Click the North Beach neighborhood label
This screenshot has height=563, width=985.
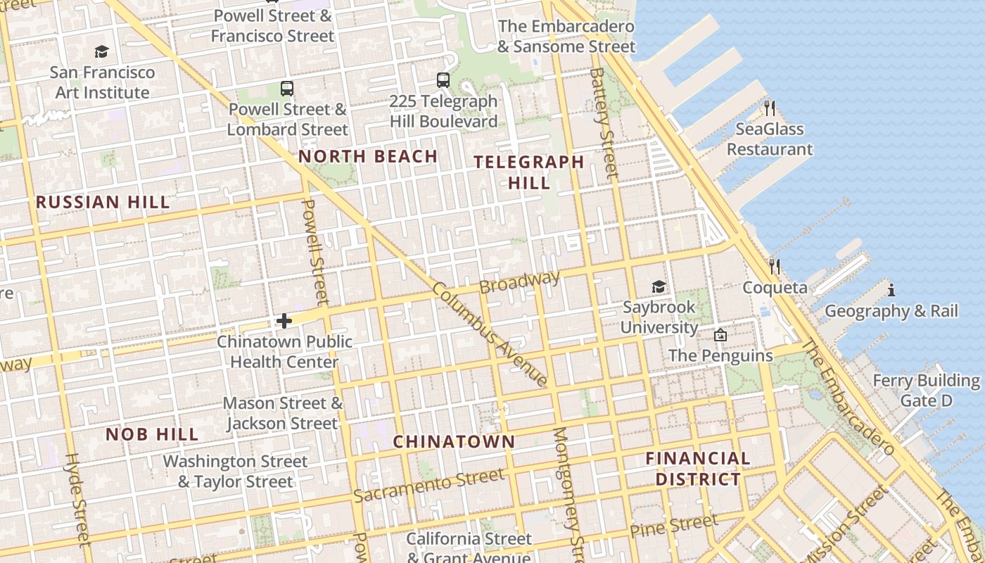368,156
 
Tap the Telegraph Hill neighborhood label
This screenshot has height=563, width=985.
528,172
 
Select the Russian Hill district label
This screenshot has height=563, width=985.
103,202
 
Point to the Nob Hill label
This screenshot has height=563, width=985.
152,434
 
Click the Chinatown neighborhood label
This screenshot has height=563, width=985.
454,442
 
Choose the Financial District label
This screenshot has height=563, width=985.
698,469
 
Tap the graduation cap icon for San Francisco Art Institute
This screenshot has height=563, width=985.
102,51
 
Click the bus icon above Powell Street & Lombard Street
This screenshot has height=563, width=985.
287,89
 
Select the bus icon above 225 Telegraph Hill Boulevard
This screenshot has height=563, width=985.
443,80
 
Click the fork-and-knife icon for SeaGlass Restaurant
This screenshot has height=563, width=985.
770,108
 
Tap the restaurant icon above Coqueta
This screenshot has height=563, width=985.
775,266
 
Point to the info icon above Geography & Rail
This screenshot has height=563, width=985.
891,290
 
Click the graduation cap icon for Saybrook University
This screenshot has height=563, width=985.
659,286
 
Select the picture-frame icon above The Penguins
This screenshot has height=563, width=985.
720,335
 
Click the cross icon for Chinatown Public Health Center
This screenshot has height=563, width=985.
284,321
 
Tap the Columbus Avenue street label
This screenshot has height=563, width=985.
490,334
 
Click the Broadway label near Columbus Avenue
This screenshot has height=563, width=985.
519,282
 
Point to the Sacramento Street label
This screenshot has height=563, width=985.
428,486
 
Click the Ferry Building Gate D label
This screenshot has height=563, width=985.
926,391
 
